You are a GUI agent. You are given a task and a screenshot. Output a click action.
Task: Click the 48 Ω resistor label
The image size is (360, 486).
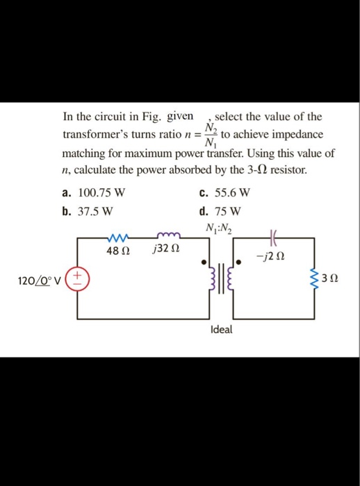point(115,250)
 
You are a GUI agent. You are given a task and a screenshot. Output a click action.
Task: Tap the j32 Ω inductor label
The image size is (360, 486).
point(166,250)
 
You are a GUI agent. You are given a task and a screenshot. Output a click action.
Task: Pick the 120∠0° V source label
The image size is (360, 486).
point(39,281)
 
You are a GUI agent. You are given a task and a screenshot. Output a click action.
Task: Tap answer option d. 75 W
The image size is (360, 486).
point(220,210)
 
